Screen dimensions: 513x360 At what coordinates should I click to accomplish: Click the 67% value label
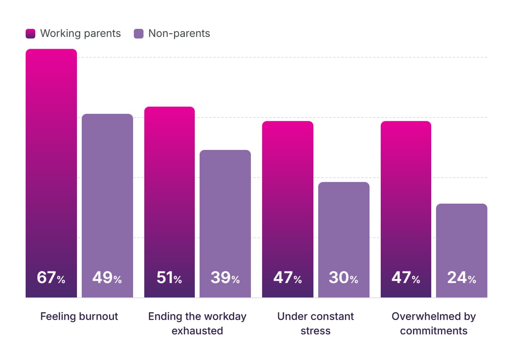(51, 277)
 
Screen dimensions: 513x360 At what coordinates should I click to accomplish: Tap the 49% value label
(107, 277)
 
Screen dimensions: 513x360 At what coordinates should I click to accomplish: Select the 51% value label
(169, 277)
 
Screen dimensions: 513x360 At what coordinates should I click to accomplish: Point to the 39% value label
(225, 277)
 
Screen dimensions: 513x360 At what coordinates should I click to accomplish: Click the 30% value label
(343, 277)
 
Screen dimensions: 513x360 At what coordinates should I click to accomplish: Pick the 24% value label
(461, 277)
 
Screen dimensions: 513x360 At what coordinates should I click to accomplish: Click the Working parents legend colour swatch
(30, 34)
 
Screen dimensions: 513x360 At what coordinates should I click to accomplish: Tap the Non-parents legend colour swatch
(139, 34)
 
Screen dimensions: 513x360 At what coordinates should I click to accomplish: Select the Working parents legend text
(81, 34)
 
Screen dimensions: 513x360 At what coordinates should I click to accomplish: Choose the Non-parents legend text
(179, 34)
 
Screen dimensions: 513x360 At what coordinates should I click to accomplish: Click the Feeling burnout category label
(79, 316)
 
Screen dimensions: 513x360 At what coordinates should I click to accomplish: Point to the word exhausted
(198, 331)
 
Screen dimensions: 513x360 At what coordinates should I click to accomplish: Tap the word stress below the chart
(315, 331)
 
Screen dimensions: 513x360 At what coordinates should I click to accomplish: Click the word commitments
(434, 331)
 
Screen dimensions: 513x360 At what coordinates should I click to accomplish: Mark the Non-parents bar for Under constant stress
(344, 240)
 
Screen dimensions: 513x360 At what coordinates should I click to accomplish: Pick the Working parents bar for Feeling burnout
(51, 173)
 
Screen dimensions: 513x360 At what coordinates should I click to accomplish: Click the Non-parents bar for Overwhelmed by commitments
(462, 251)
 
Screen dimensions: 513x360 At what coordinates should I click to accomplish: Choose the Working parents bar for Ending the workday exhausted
(170, 202)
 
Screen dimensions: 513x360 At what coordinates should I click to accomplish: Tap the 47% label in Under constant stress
(287, 277)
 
